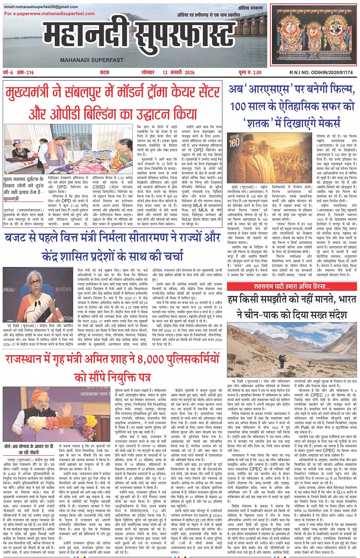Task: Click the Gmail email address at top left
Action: tap(41, 7)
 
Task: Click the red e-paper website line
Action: tap(50, 14)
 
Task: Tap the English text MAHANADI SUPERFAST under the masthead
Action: tap(92, 60)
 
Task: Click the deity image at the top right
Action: tap(313, 35)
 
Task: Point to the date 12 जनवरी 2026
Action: tap(178, 72)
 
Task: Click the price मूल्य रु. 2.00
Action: tap(250, 72)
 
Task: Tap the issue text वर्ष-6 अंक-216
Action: tap(19, 72)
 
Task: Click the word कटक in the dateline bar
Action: tap(104, 72)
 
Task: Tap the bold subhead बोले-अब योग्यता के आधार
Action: tap(29, 449)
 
